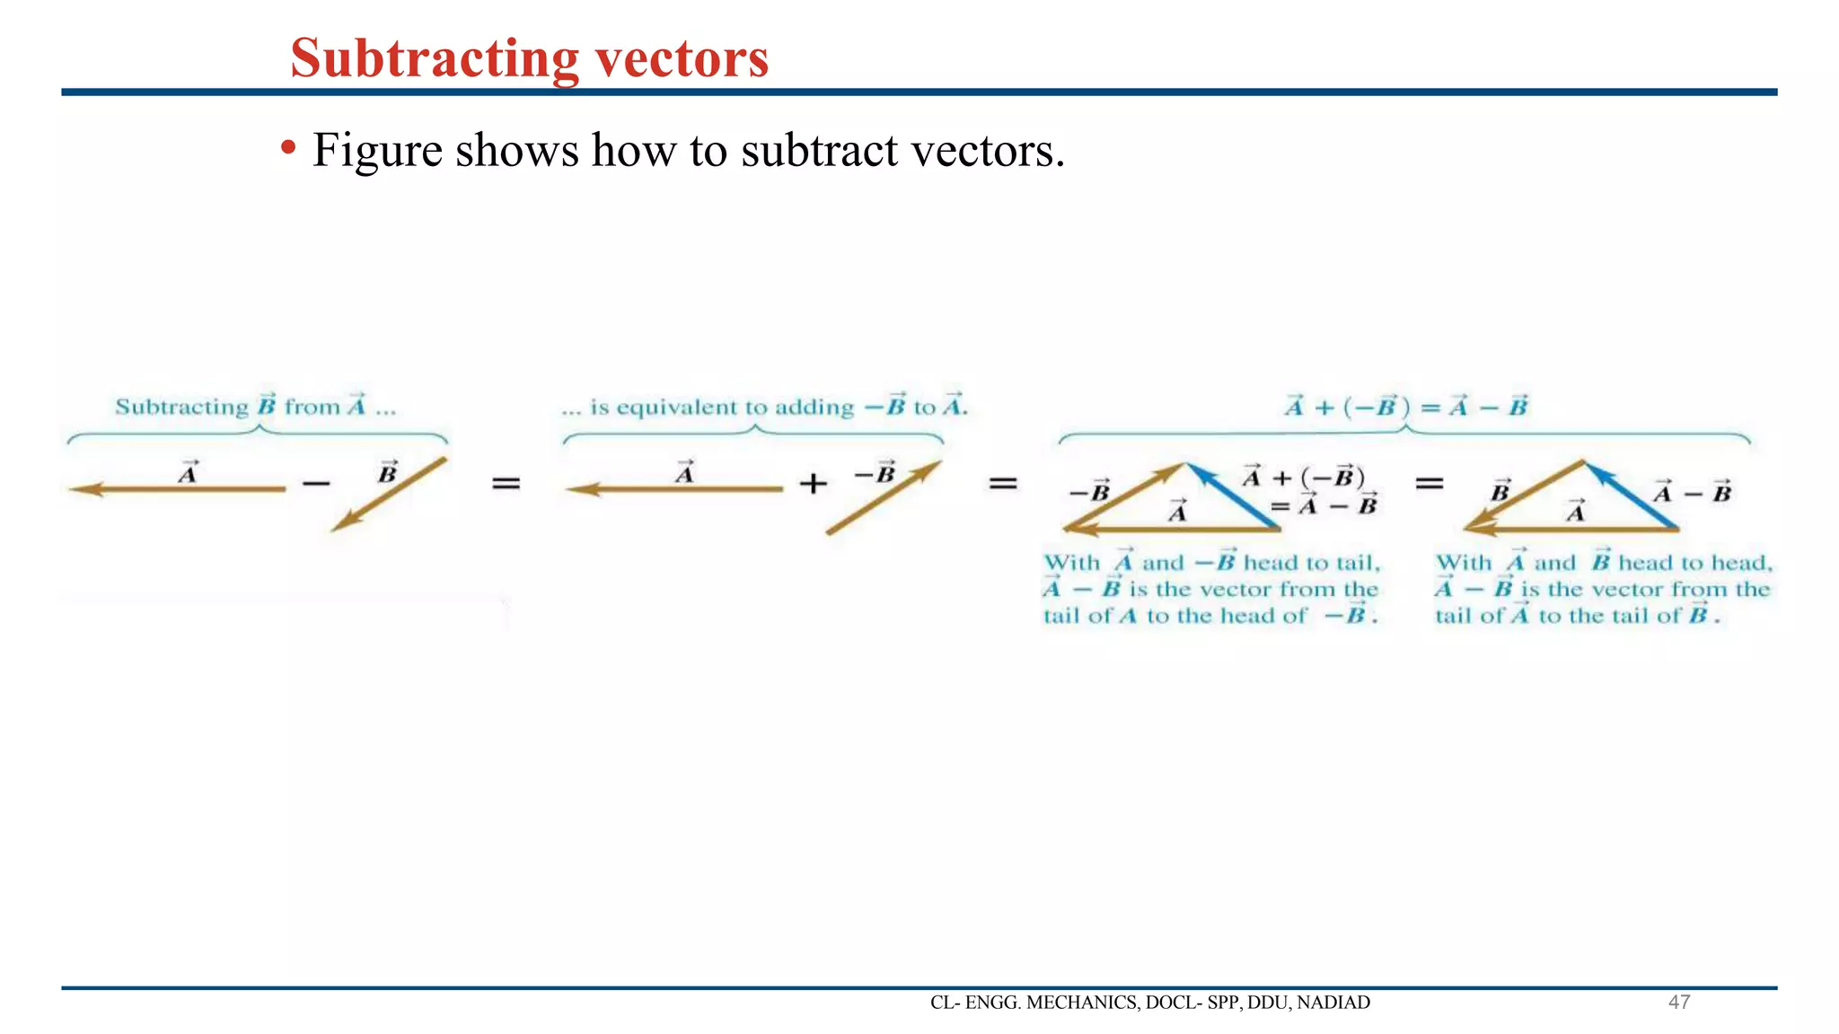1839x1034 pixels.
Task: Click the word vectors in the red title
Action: coord(682,58)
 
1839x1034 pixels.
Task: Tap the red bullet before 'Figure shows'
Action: coord(287,146)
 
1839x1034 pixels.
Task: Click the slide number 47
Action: coord(1678,1002)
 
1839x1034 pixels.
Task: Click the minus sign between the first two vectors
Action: coord(316,485)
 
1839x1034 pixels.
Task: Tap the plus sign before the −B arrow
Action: coord(813,484)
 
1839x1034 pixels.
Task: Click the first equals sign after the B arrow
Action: coord(506,484)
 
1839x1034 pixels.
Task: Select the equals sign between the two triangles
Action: coord(1429,484)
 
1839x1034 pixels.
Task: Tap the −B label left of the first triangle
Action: coord(1089,492)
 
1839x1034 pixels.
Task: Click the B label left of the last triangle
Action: coord(1500,491)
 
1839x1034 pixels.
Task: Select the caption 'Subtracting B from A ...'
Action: coord(255,407)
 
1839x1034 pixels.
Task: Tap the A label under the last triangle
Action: coord(1575,512)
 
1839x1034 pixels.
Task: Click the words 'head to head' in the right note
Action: coord(1694,563)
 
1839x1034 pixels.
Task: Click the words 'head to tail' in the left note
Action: coord(1310,563)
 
